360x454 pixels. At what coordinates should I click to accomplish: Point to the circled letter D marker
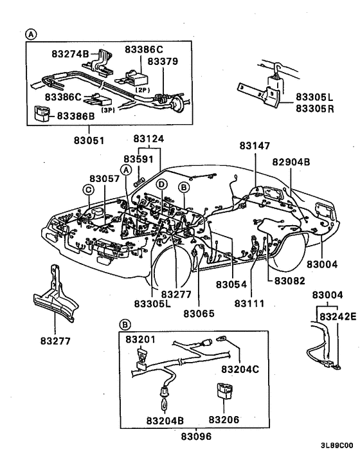tap(162, 185)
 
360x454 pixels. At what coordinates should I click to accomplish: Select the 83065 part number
tap(199, 313)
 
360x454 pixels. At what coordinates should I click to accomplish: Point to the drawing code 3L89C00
tap(336, 445)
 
